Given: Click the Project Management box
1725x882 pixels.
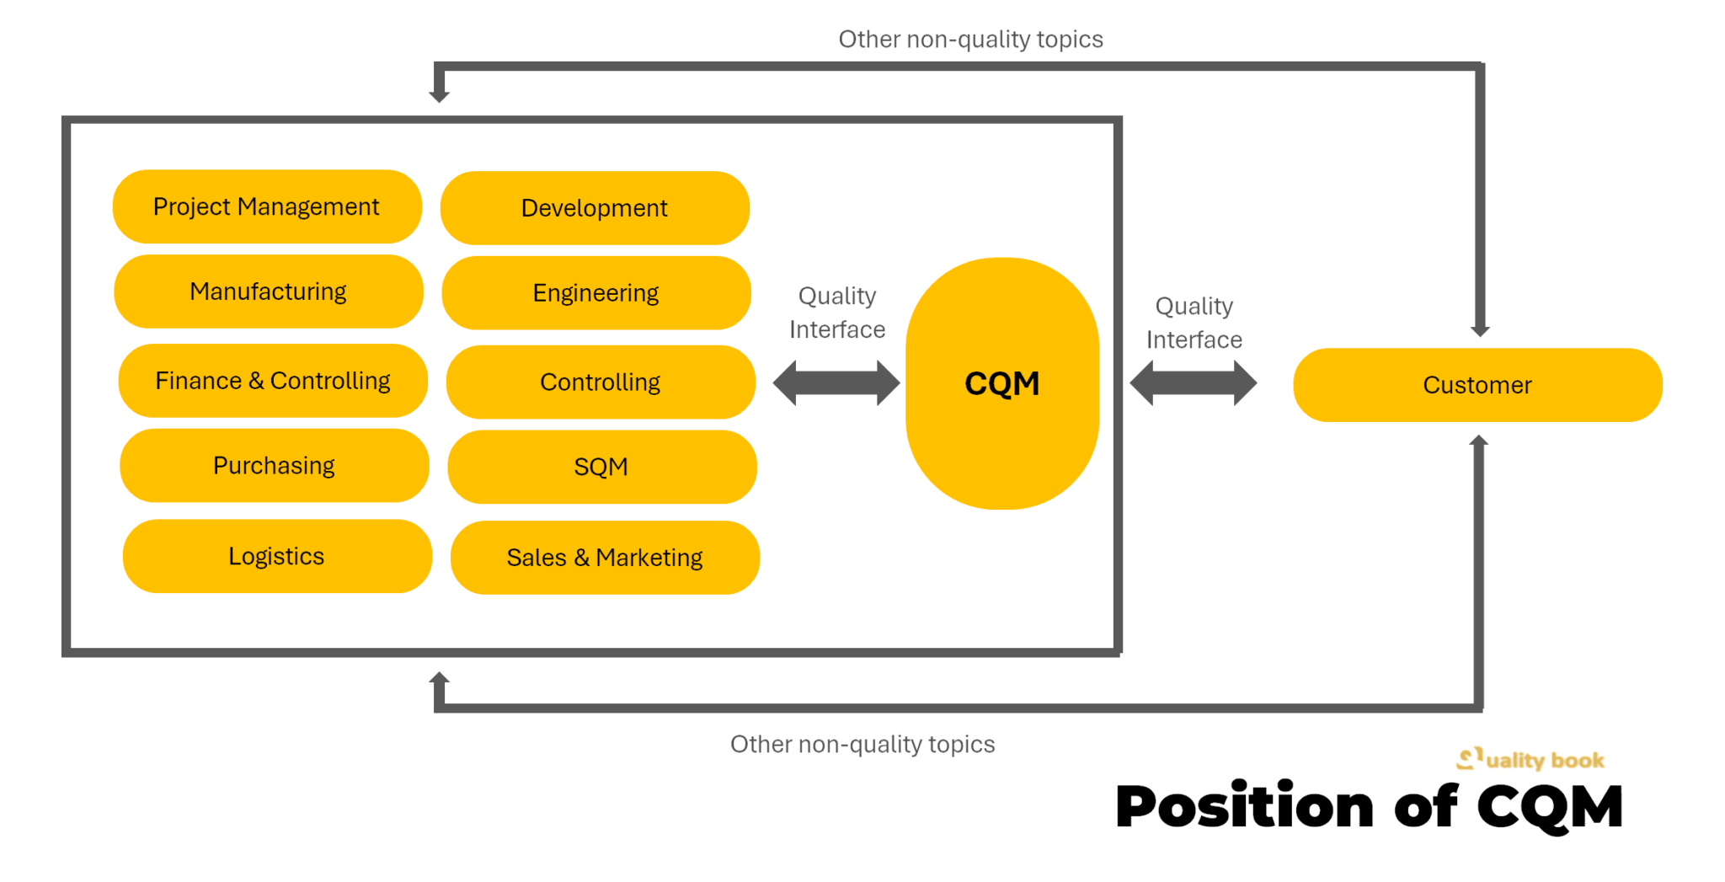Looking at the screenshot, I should (267, 206).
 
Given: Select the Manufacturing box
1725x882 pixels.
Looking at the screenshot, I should (269, 291).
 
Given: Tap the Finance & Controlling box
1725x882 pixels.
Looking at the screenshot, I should (273, 381).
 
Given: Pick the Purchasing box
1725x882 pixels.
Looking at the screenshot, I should (275, 466).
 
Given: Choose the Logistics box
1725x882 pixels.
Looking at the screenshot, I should (277, 556).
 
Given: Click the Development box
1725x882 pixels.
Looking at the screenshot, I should (595, 208).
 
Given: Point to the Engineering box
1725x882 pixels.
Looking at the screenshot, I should (596, 293).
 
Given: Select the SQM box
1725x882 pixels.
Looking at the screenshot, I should (601, 467).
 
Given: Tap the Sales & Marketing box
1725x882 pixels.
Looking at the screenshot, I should (605, 558).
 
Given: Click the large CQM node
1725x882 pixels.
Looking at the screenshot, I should (1002, 383).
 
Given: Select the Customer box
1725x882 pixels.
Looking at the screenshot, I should (1477, 385).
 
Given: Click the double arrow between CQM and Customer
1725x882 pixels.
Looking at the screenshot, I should (1193, 383).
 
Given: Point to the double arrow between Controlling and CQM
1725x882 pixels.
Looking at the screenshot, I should (836, 383).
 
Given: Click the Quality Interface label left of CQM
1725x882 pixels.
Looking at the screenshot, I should (837, 313).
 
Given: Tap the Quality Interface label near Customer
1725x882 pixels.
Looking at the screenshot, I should (1194, 323).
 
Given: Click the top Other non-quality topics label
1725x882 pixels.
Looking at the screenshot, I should (970, 40).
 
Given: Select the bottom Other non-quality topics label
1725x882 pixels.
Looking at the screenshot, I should (862, 744).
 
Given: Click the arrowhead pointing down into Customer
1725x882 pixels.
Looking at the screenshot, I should (1480, 330).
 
